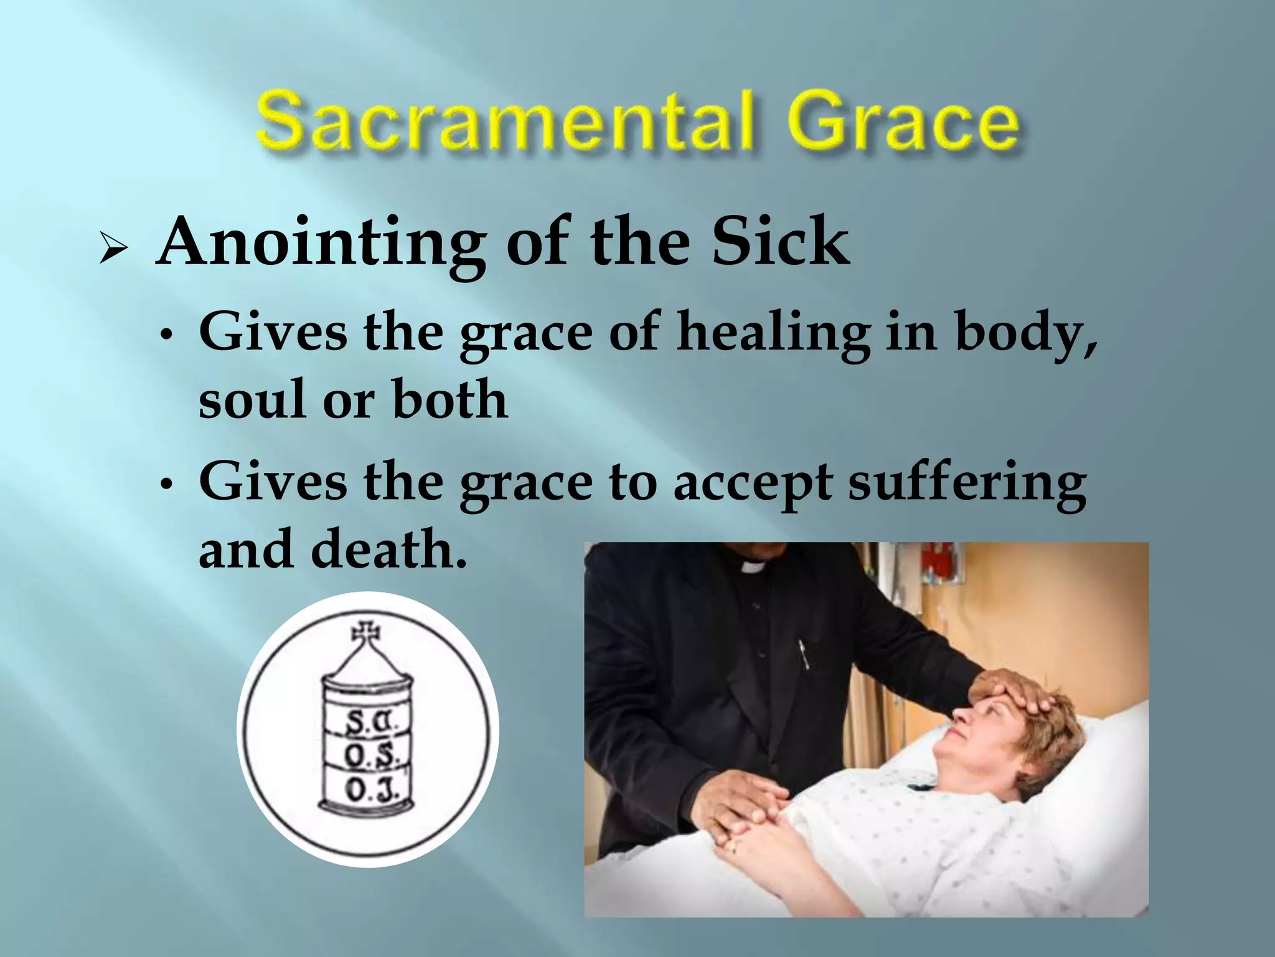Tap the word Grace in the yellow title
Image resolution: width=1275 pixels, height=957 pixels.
[x=872, y=121]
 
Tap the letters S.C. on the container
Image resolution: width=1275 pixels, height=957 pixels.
[x=368, y=722]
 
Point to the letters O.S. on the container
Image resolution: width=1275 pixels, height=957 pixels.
[x=368, y=756]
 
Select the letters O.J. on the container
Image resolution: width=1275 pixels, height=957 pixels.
[x=368, y=791]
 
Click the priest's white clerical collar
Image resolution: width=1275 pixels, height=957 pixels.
[x=754, y=566]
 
